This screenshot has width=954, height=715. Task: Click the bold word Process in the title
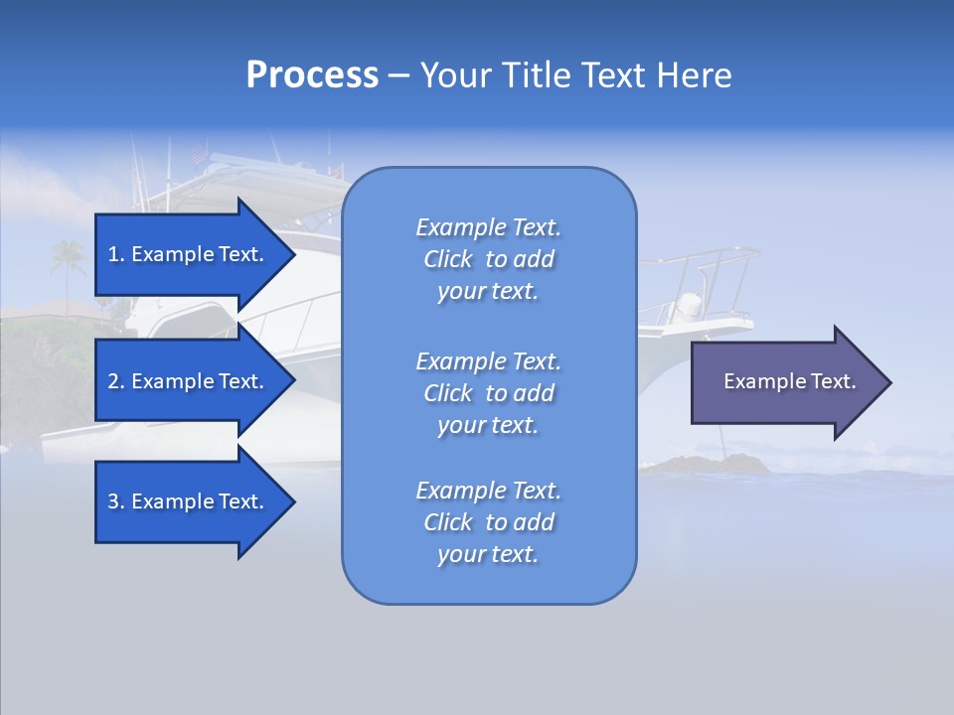tap(312, 75)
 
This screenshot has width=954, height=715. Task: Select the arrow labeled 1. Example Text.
tap(196, 255)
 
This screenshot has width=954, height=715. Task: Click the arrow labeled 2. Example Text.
tap(196, 380)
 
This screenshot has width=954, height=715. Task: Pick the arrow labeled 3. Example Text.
tap(196, 501)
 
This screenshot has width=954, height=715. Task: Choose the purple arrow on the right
tap(791, 382)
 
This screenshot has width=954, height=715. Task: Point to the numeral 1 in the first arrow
tap(112, 254)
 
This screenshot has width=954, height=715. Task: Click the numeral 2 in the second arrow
tap(113, 381)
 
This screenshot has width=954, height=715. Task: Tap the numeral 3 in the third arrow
tap(113, 500)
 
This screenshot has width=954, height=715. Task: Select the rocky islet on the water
tap(706, 464)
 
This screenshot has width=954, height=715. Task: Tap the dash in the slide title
tap(398, 77)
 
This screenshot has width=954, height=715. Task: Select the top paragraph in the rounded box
tap(489, 259)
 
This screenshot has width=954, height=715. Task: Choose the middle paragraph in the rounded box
tap(489, 393)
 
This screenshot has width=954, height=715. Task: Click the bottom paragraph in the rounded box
tap(489, 522)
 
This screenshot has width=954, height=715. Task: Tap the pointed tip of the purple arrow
tap(891, 382)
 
